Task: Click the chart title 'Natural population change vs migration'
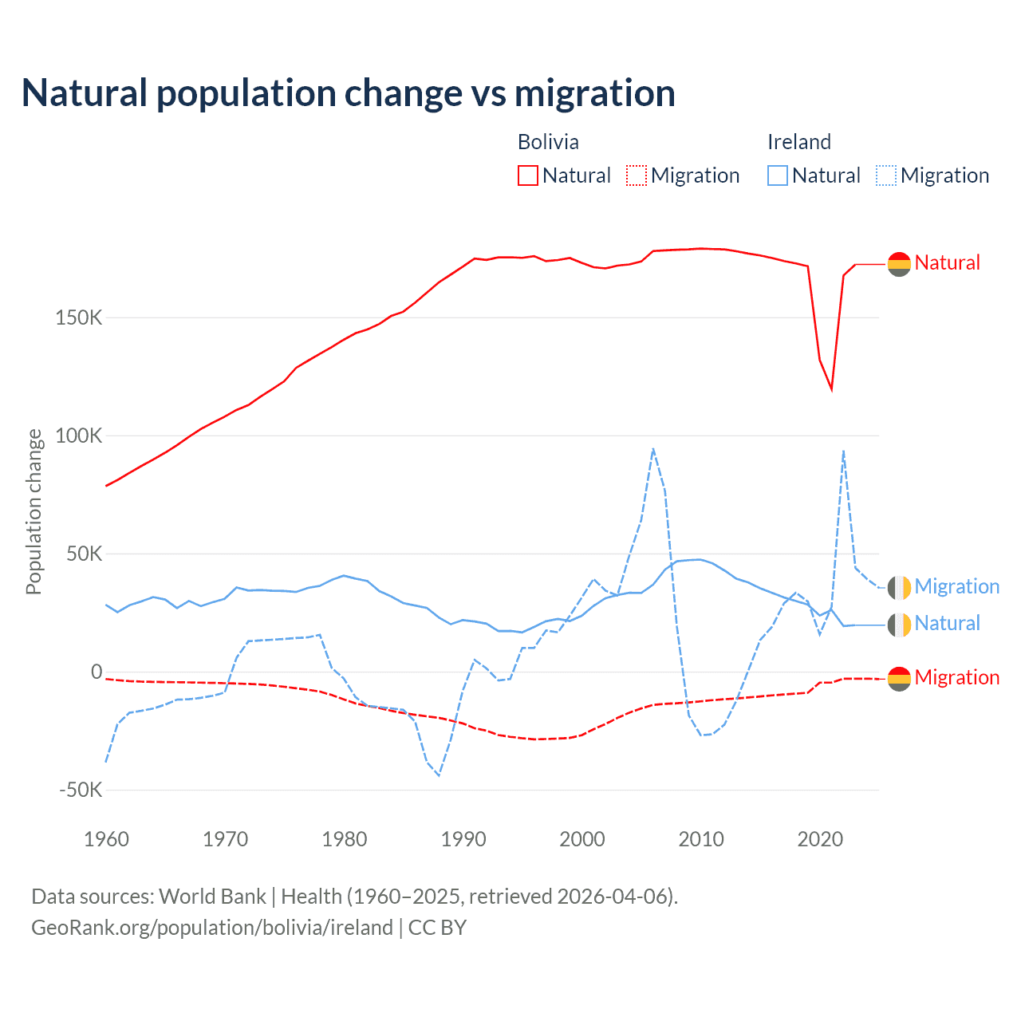[x=349, y=93]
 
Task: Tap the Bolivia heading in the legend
[x=548, y=142]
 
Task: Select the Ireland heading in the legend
[x=798, y=142]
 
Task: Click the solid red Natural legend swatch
[x=528, y=175]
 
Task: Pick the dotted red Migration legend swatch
[x=637, y=175]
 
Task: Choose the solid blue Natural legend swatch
[x=778, y=175]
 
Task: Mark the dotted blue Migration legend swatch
[x=886, y=175]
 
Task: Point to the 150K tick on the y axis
[x=79, y=317]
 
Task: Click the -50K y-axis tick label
[x=81, y=790]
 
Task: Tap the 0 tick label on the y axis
[x=97, y=672]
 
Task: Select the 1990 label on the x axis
[x=463, y=839]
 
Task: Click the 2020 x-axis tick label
[x=820, y=839]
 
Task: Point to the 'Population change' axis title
[x=34, y=511]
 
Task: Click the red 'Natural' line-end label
[x=947, y=262]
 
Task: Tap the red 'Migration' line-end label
[x=956, y=677]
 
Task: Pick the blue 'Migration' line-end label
[x=956, y=586]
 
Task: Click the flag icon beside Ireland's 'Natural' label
[x=899, y=624]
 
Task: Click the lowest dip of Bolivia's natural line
[x=832, y=389]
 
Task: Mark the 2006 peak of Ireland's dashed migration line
[x=653, y=449]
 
